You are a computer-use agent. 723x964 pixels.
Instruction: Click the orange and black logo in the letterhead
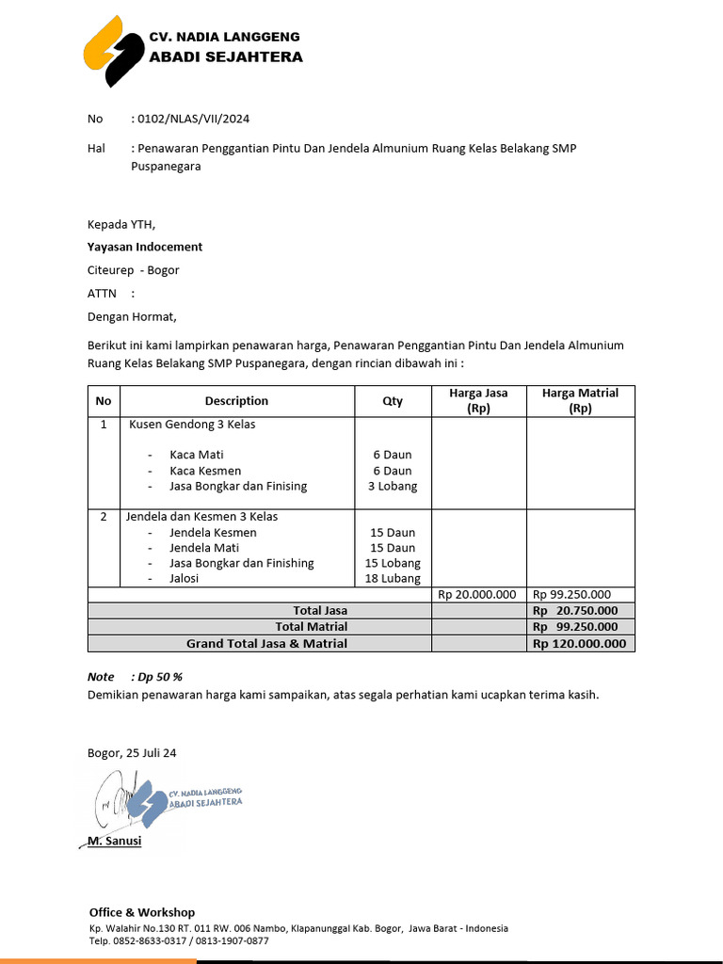(x=111, y=52)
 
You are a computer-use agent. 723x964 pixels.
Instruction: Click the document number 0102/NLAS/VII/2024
(x=193, y=119)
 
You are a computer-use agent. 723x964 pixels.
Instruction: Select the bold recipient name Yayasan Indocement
(x=144, y=247)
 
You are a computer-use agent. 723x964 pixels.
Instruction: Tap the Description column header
(x=236, y=401)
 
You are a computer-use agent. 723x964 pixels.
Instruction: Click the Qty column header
(x=393, y=401)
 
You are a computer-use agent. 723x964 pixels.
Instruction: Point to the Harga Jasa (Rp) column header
(x=478, y=401)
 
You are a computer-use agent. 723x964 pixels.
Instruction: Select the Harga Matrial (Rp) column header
(x=580, y=401)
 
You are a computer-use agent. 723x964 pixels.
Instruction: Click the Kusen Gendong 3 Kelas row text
(x=192, y=425)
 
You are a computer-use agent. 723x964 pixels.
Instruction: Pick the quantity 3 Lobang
(x=393, y=487)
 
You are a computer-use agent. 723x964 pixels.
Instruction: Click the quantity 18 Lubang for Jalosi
(x=393, y=579)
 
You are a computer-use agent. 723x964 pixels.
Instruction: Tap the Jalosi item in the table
(x=184, y=579)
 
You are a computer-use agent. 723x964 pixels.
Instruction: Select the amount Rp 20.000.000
(x=477, y=594)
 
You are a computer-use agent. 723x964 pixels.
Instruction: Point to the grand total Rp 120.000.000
(x=579, y=644)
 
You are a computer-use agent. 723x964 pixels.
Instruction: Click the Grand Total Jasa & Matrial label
(x=266, y=644)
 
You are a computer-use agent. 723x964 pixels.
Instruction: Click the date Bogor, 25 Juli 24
(x=132, y=753)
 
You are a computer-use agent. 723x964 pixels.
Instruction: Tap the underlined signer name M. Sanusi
(x=114, y=841)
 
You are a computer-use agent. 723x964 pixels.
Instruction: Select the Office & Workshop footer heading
(x=142, y=912)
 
